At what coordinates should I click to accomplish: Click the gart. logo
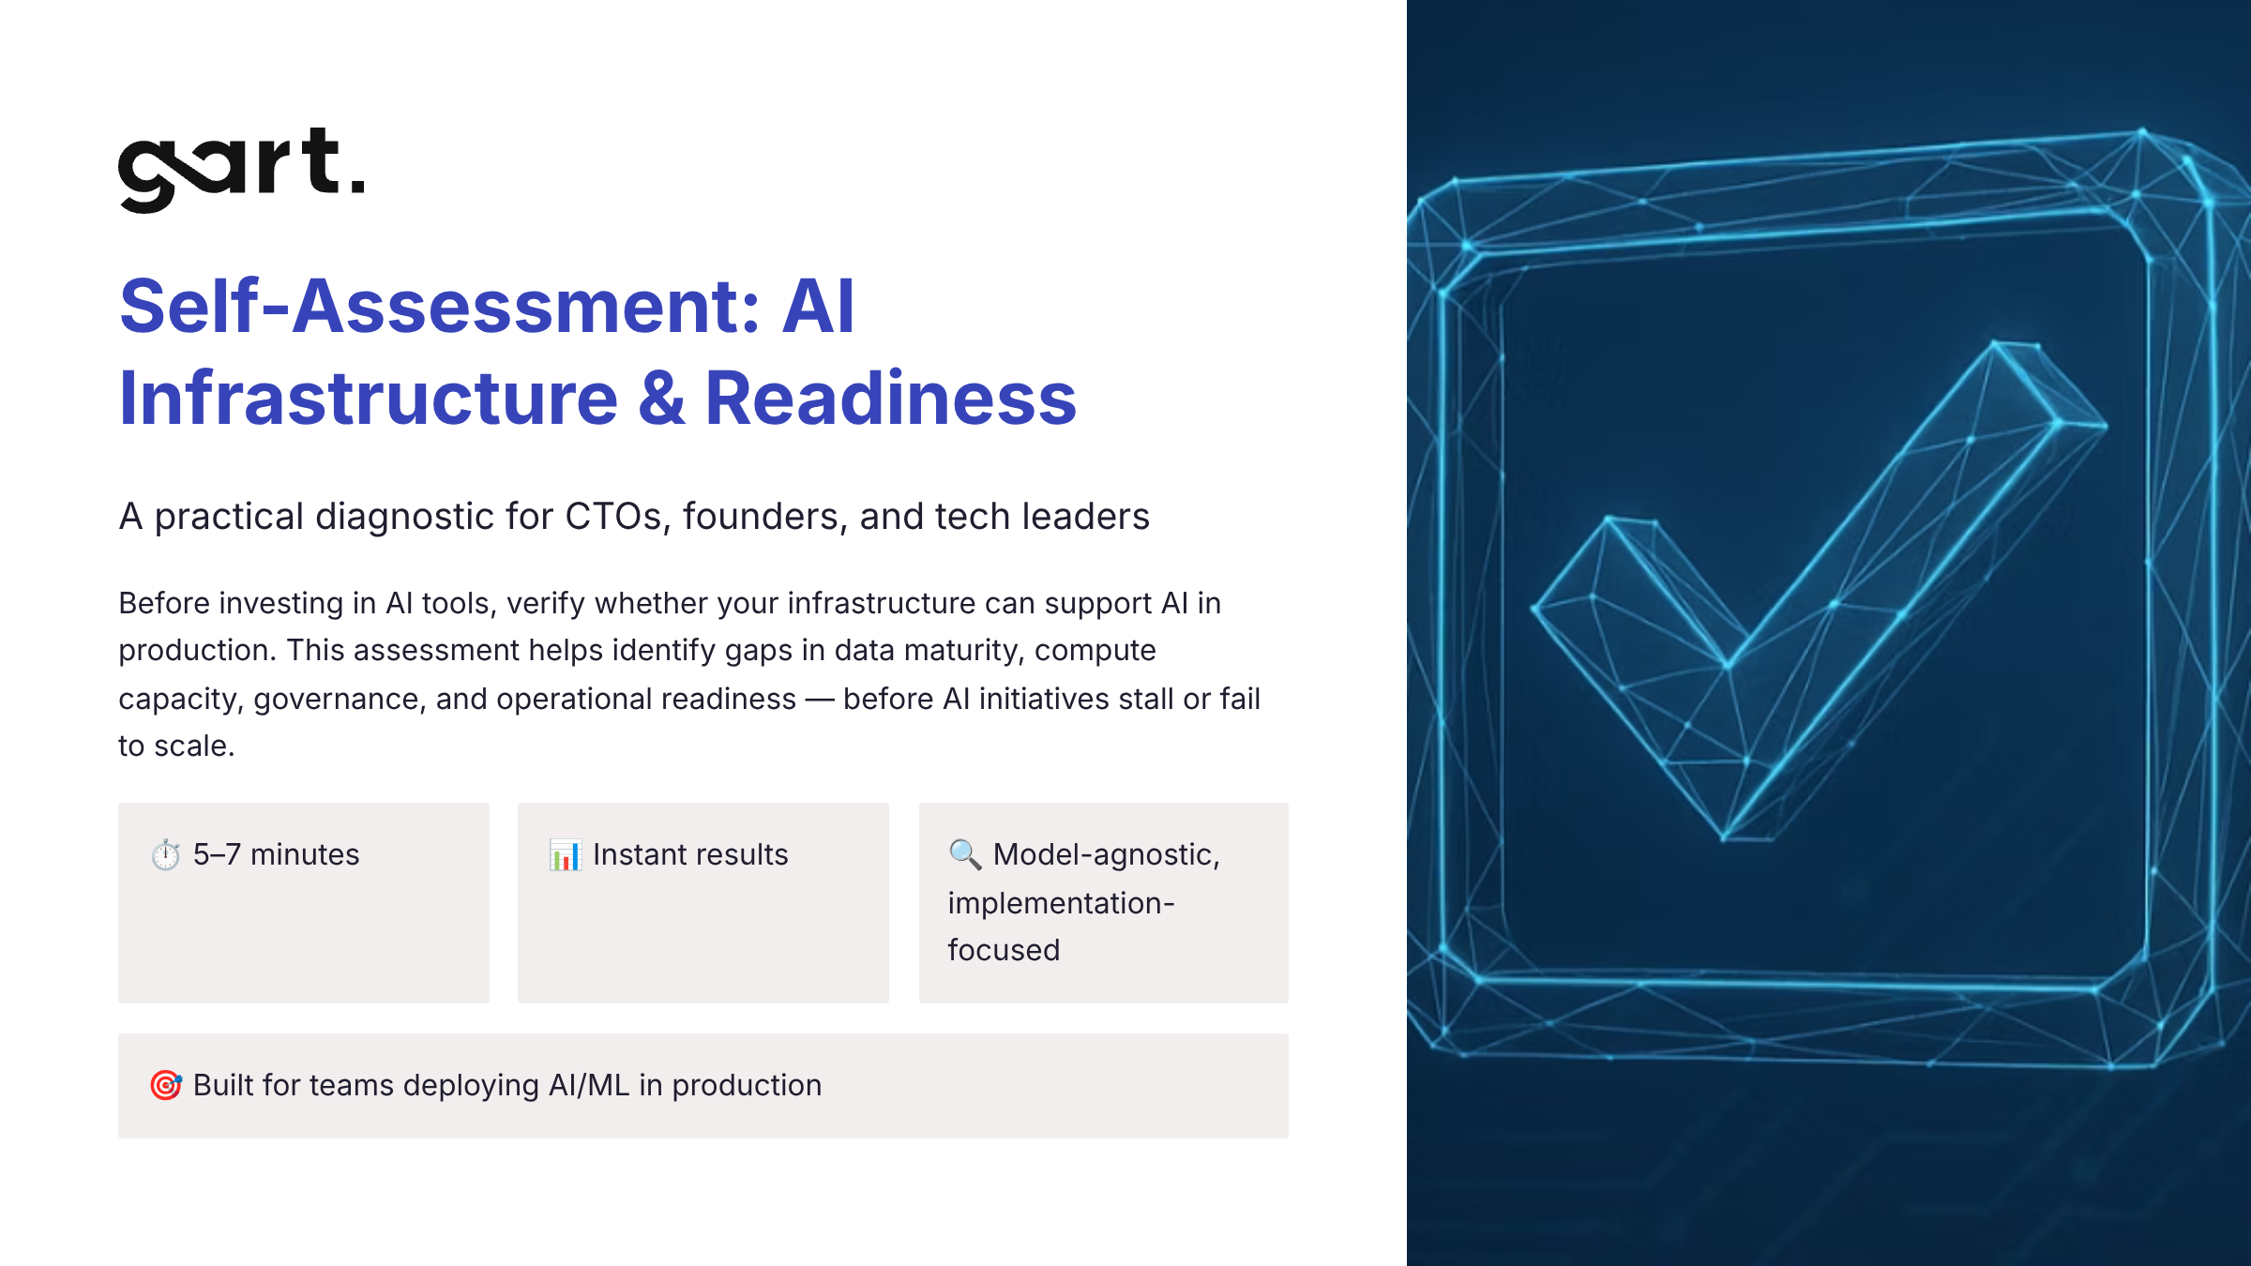pyautogui.click(x=241, y=170)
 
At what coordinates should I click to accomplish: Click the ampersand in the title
pyautogui.click(x=661, y=399)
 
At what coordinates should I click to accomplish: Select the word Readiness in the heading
pyautogui.click(x=890, y=399)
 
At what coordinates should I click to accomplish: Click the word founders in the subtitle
pyautogui.click(x=764, y=517)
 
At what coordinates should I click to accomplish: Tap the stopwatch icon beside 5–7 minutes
pyautogui.click(x=166, y=854)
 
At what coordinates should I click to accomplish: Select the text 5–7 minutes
pyautogui.click(x=277, y=854)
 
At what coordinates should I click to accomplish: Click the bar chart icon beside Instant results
pyautogui.click(x=566, y=854)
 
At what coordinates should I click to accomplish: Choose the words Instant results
pyautogui.click(x=690, y=854)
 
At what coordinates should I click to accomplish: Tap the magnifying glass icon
pyautogui.click(x=964, y=854)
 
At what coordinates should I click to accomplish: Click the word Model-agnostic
pyautogui.click(x=1106, y=854)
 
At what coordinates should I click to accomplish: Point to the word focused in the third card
pyautogui.click(x=1004, y=950)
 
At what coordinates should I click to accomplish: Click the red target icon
pyautogui.click(x=166, y=1085)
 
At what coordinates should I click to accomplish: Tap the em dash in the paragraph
pyautogui.click(x=820, y=699)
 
